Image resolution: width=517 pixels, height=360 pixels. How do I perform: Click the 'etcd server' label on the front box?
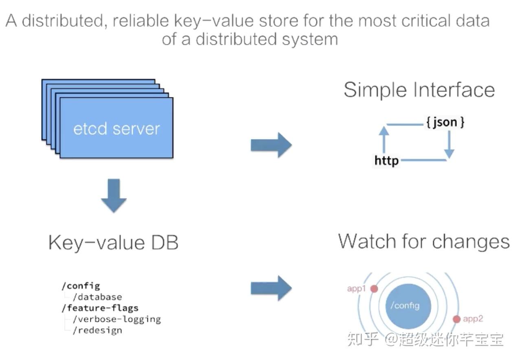116,129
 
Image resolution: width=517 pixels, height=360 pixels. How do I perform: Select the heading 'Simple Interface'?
419,90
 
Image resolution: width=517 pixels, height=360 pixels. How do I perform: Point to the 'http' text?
387,160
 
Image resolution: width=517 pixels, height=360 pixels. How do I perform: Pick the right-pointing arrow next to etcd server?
271,145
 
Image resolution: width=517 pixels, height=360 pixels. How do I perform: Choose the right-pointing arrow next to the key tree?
271,288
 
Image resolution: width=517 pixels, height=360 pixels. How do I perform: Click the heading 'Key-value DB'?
113,243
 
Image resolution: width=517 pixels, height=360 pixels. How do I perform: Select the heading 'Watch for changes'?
424,241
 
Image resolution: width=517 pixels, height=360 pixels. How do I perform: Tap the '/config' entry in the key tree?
81,286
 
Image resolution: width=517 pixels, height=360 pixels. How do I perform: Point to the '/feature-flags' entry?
100,308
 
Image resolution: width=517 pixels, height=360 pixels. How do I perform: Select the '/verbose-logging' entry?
116,319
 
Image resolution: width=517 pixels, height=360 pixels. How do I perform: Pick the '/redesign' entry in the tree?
97,330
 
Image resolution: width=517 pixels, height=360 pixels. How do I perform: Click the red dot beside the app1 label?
374,289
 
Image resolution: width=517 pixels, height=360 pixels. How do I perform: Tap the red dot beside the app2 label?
456,319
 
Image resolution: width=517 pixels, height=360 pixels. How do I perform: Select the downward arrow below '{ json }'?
449,145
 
